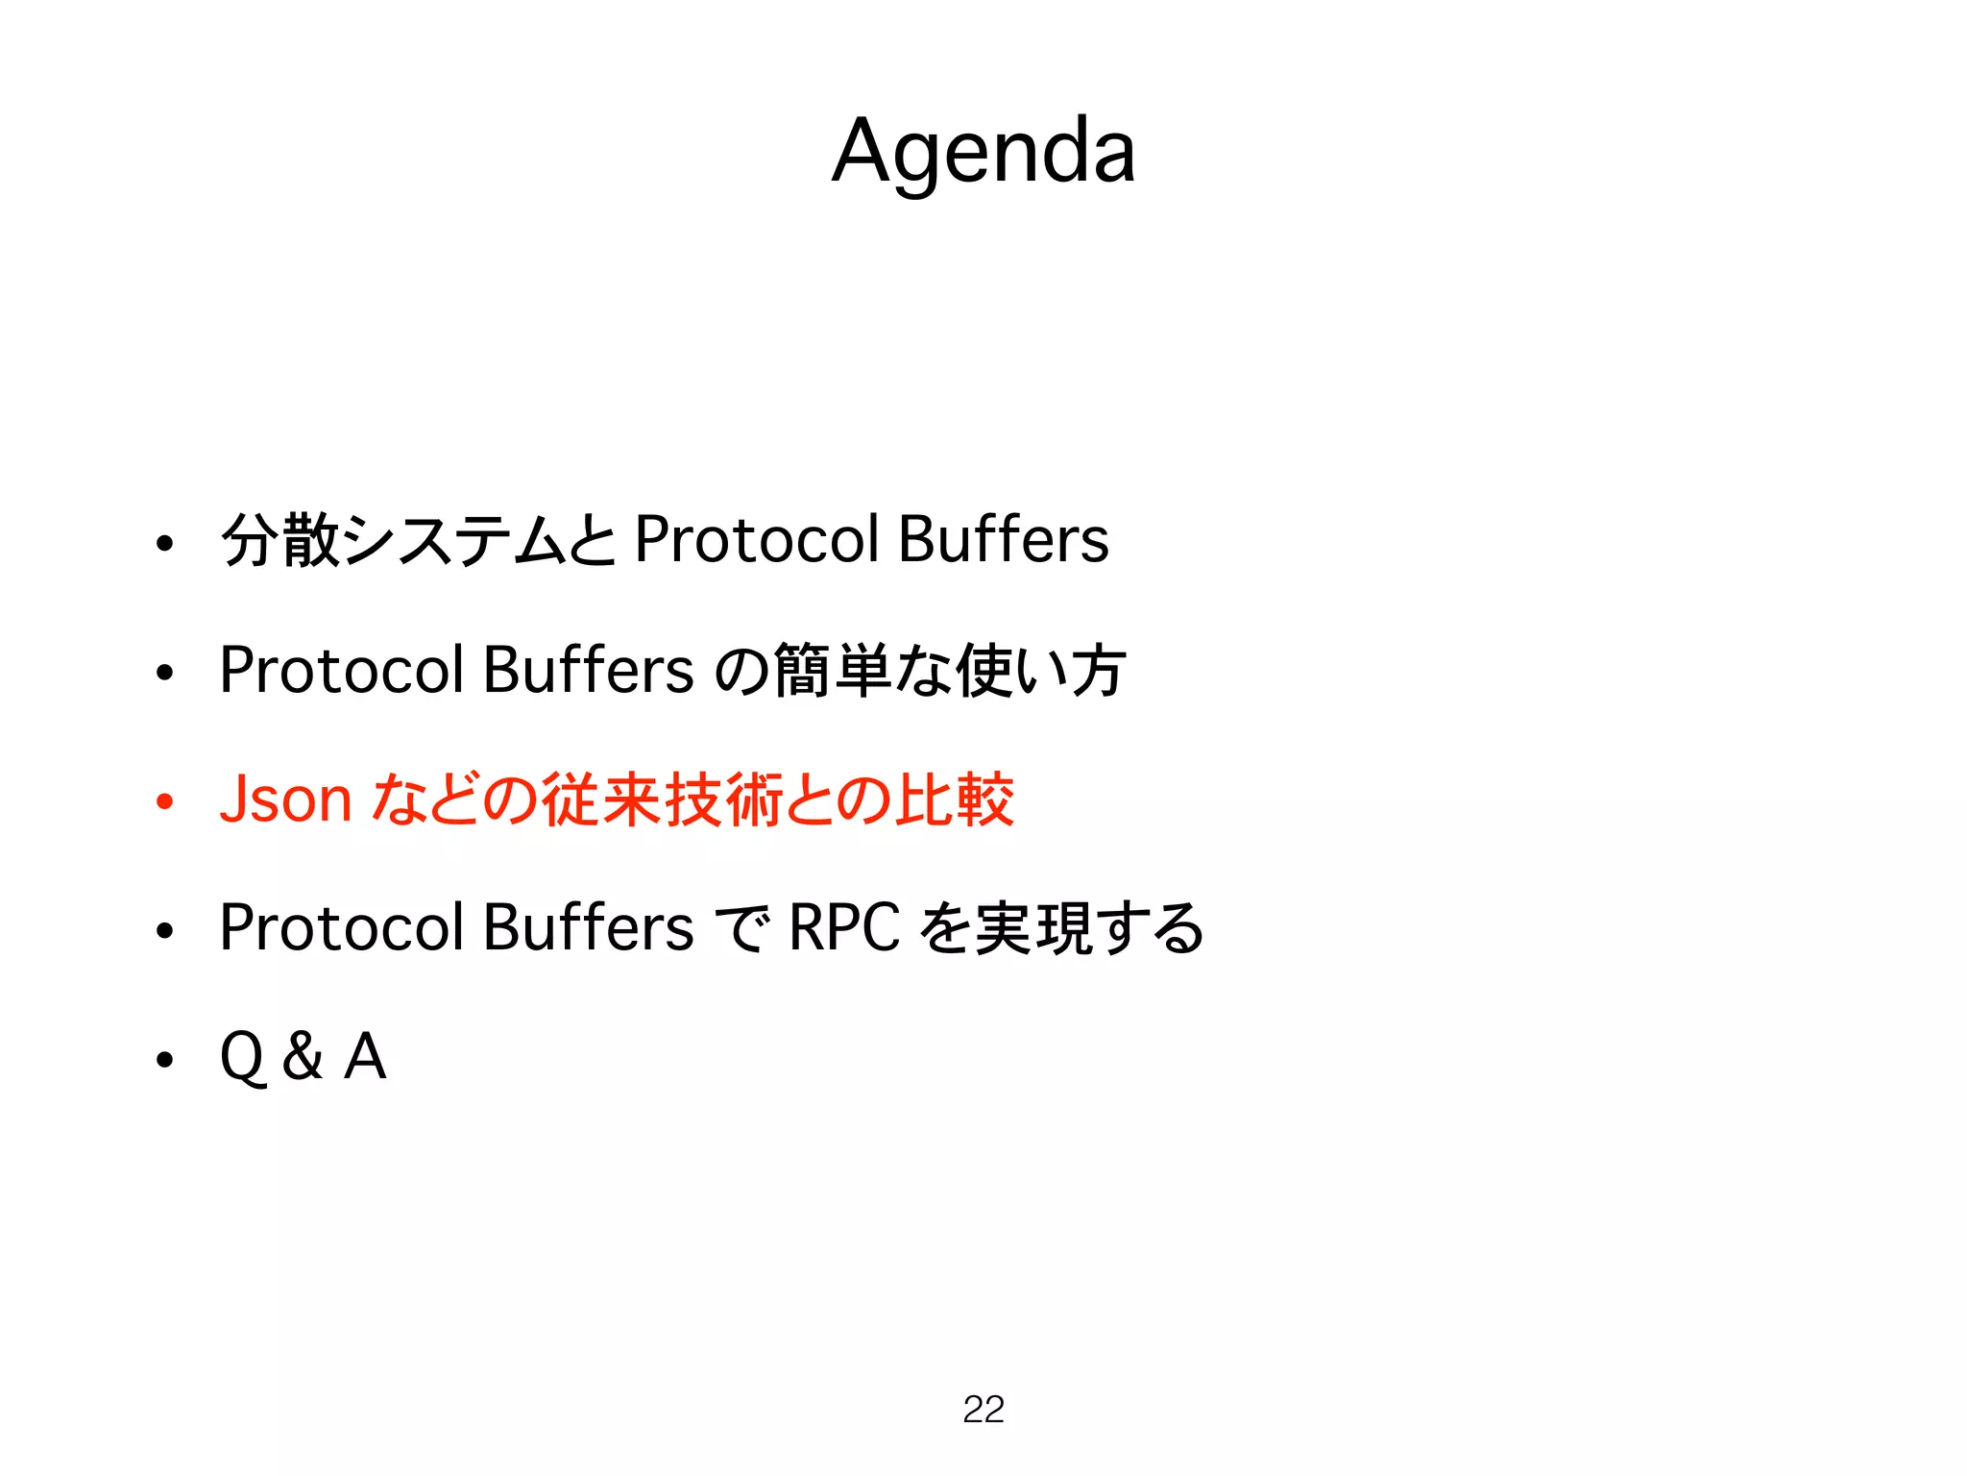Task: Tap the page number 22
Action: (x=983, y=1409)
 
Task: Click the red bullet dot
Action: (x=165, y=800)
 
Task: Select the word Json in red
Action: (x=285, y=799)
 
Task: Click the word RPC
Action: (x=844, y=928)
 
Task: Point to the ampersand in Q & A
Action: (x=303, y=1056)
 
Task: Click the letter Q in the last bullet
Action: (x=242, y=1057)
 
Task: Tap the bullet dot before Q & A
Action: (x=165, y=1059)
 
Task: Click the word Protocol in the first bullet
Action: (x=757, y=540)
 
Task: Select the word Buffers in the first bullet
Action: (x=1004, y=540)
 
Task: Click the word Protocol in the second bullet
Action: (x=342, y=670)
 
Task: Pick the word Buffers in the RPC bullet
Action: (x=588, y=928)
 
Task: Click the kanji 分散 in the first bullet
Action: (x=280, y=540)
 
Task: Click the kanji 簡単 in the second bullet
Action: (x=832, y=671)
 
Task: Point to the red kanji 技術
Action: (x=723, y=799)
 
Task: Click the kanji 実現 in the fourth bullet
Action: (x=1033, y=928)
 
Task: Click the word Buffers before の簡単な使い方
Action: (x=588, y=670)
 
